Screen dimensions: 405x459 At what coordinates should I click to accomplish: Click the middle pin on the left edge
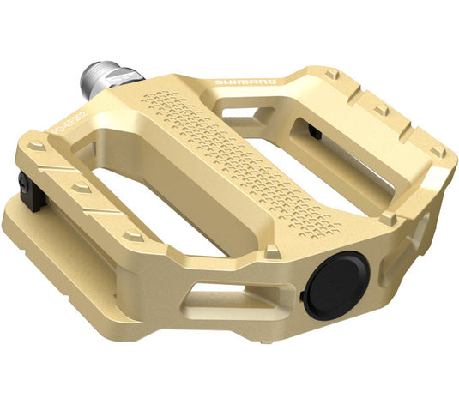click(x=82, y=186)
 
